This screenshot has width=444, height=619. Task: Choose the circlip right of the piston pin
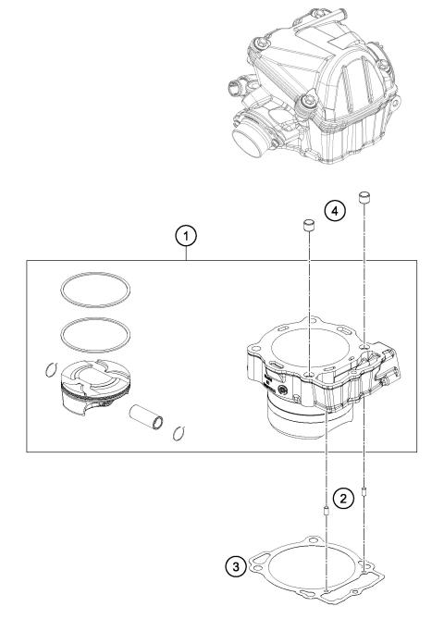(180, 429)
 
